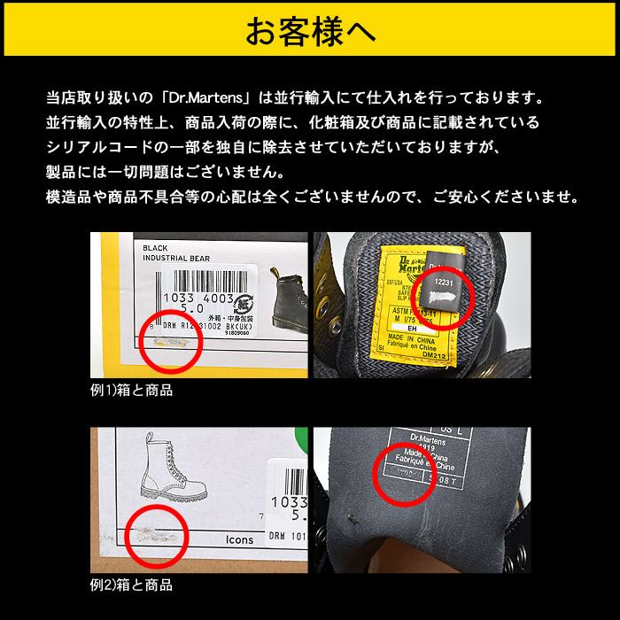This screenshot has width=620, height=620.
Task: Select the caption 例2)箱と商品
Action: pyautogui.click(x=131, y=585)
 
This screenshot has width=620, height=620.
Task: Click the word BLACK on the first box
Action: pyautogui.click(x=155, y=248)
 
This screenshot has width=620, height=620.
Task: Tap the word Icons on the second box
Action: pyautogui.click(x=238, y=539)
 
